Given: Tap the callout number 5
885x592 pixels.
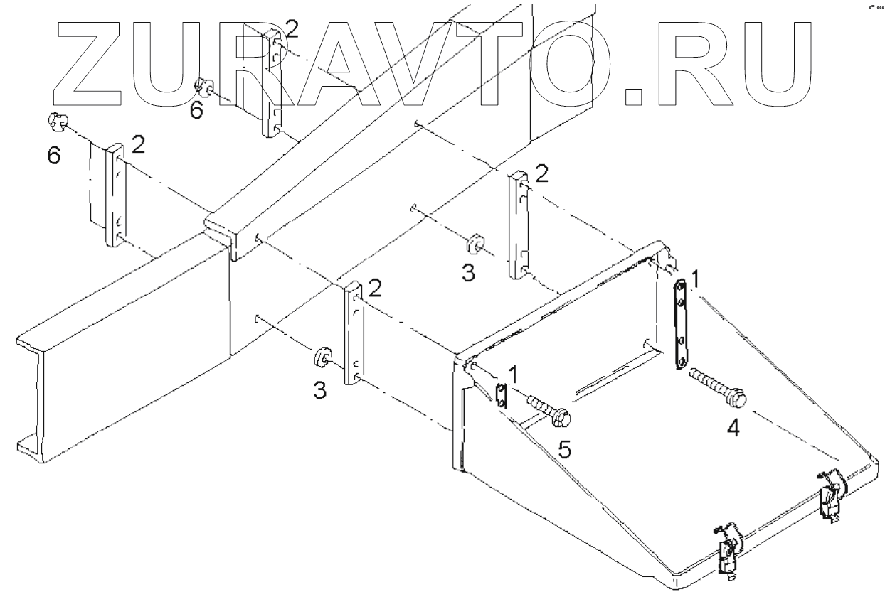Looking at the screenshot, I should pyautogui.click(x=564, y=450).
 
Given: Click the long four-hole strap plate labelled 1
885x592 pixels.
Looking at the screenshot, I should pyautogui.click(x=682, y=323).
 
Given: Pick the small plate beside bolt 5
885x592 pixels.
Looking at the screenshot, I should pyautogui.click(x=500, y=394).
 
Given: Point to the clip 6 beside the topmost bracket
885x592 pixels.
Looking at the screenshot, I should pyautogui.click(x=204, y=88).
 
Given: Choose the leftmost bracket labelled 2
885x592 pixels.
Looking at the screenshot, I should pyautogui.click(x=115, y=195).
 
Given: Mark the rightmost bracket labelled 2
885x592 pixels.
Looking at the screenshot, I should pyautogui.click(x=518, y=225).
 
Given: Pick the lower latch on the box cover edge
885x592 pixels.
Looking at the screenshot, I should pyautogui.click(x=728, y=549).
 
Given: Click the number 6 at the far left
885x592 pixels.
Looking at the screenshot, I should pyautogui.click(x=54, y=156).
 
